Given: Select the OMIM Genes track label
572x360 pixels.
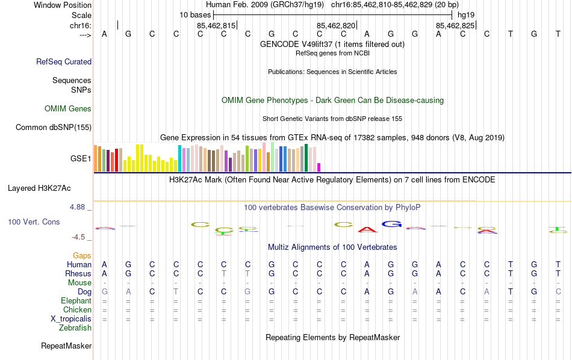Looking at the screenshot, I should click(x=68, y=109).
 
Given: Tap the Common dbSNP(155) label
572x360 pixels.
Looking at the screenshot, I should click(x=54, y=127).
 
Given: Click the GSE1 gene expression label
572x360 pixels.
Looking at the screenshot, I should click(x=81, y=159).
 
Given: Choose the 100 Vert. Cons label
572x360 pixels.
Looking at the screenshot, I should click(x=34, y=222).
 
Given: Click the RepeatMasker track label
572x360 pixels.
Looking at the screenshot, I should click(x=66, y=346).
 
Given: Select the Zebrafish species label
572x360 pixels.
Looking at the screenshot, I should click(x=75, y=328).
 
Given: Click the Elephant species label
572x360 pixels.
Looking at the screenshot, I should click(x=76, y=301).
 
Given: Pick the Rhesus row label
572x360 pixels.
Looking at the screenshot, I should click(x=78, y=274).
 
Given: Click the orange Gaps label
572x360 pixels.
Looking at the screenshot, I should click(x=82, y=256).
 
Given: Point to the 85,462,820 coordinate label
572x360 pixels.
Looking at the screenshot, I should click(x=336, y=26).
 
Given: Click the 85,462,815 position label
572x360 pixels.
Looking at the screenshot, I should click(x=216, y=26).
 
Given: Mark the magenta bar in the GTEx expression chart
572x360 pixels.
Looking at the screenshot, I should click(x=319, y=167).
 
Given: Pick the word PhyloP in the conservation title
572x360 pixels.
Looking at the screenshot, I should click(x=408, y=208).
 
